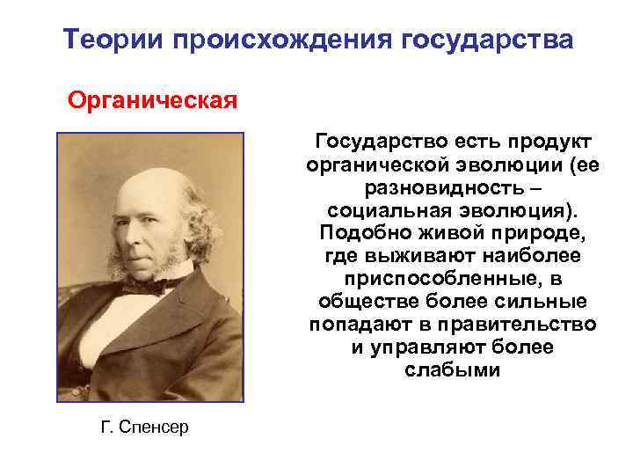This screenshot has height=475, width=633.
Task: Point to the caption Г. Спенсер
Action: pyautogui.click(x=144, y=427)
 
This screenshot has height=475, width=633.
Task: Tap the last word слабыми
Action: pyautogui.click(x=453, y=370)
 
